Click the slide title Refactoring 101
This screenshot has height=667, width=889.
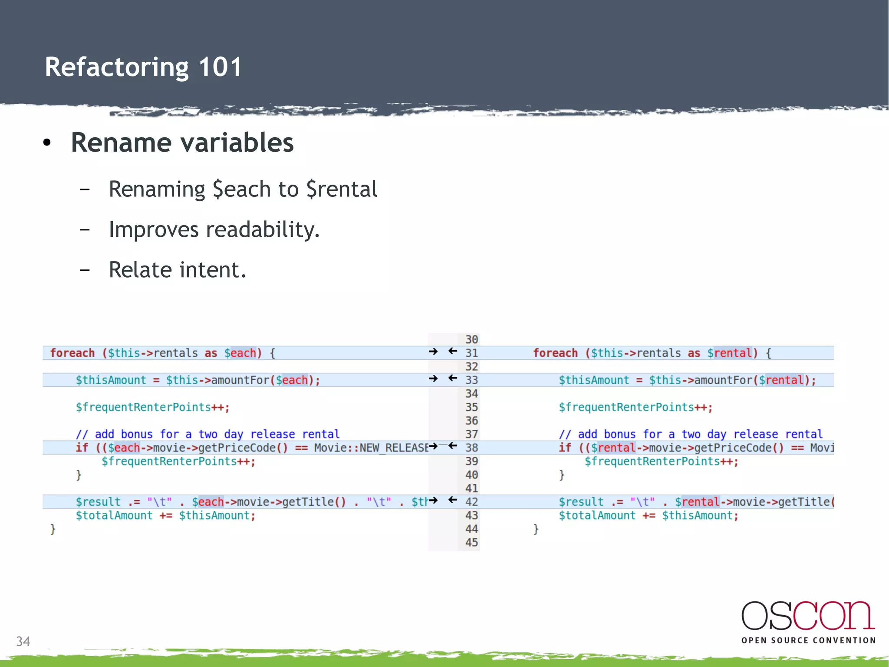pos(143,67)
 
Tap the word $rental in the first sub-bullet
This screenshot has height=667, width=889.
pos(342,189)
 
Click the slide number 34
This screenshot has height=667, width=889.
pos(23,641)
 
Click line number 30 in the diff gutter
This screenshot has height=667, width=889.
pos(471,339)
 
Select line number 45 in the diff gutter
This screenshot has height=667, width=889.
pos(471,542)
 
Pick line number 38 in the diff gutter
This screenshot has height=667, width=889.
pos(471,448)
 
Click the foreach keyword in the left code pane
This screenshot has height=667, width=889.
pos(72,353)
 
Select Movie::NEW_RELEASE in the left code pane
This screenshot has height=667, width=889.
pos(371,448)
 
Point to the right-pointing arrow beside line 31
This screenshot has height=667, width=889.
pos(433,352)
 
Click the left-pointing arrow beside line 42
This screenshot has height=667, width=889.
pos(453,500)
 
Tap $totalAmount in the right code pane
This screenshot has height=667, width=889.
pos(597,516)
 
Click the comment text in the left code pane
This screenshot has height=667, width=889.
pos(207,434)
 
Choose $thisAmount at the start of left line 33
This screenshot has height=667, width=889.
pos(111,380)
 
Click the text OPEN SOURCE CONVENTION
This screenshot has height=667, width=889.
pos(808,640)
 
